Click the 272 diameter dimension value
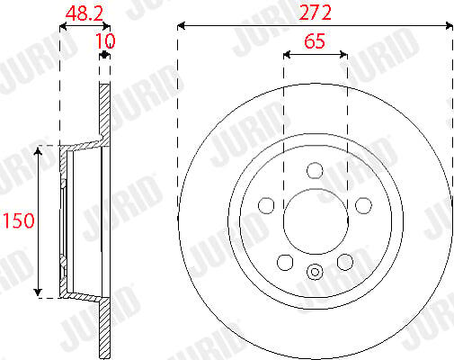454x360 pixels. (x=315, y=13)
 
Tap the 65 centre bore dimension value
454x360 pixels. (x=315, y=41)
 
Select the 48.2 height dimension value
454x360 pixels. (x=85, y=13)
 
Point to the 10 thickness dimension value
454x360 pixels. (x=105, y=41)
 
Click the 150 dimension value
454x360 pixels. (x=19, y=220)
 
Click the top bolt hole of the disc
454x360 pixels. (x=315, y=170)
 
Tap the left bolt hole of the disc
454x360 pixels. (x=266, y=205)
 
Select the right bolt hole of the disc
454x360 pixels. (x=363, y=205)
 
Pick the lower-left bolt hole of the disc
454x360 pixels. (x=285, y=262)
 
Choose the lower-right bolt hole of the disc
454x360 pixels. (x=345, y=262)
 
